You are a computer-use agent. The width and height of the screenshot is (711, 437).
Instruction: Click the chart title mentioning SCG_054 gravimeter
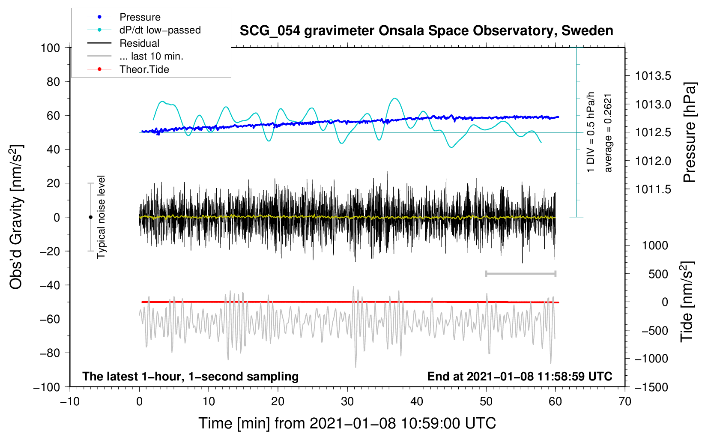tap(426, 31)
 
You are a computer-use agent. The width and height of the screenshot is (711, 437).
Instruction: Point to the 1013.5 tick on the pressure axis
tap(653, 76)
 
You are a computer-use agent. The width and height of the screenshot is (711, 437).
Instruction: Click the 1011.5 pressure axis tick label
tap(653, 189)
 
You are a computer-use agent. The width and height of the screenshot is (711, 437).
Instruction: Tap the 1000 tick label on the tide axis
tap(655, 245)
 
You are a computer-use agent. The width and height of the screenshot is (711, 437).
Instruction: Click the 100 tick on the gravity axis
tap(51, 48)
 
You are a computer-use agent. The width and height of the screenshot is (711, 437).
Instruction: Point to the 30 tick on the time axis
tap(347, 402)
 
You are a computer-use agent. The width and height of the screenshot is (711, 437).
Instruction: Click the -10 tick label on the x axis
tap(70, 402)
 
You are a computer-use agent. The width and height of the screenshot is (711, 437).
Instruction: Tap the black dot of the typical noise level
tap(90, 217)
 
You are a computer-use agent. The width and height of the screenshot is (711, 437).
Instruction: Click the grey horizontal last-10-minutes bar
tap(520, 274)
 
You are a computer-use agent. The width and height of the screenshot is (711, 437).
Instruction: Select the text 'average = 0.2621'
tap(608, 133)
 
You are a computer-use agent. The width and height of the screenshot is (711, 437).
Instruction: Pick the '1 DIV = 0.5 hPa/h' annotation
tap(590, 132)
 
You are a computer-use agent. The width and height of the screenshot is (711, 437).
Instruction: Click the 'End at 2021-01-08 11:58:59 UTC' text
tap(520, 376)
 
